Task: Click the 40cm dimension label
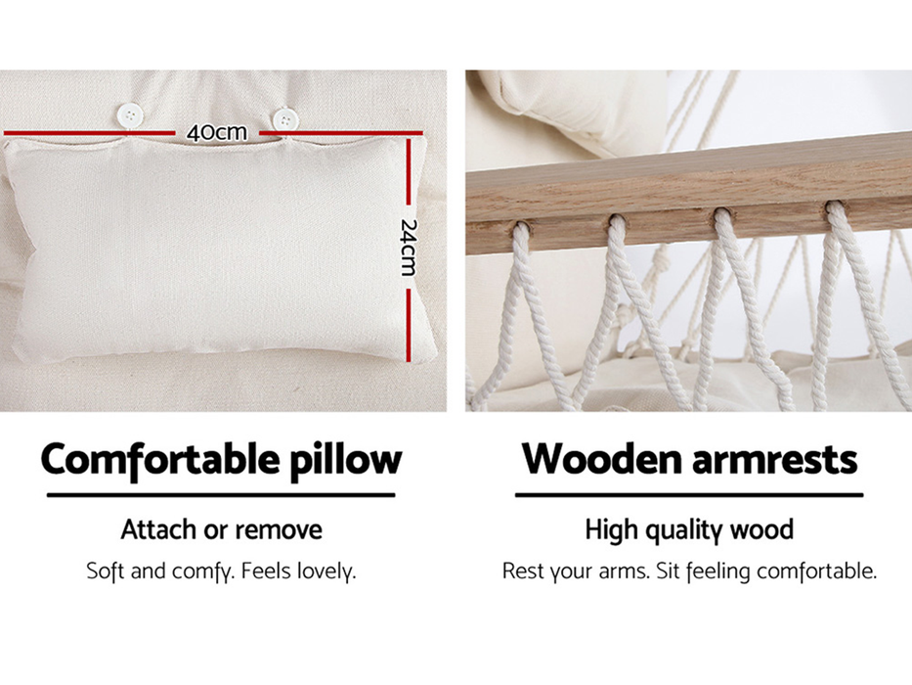tap(217, 132)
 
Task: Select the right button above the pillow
tap(284, 120)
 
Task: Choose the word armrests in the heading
tap(777, 459)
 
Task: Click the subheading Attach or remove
tap(221, 530)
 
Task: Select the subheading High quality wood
tap(689, 530)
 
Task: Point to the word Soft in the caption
tap(106, 571)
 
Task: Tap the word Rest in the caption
tap(523, 571)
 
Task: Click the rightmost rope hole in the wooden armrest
tap(835, 207)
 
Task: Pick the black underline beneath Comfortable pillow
tap(221, 495)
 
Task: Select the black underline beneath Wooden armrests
tap(689, 495)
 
